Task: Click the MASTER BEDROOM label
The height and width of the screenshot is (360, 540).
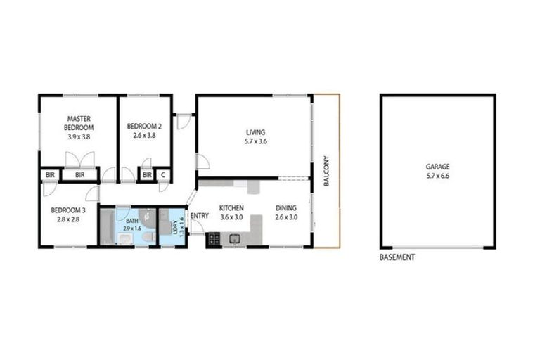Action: click(x=79, y=123)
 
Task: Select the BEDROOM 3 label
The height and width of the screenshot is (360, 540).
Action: click(x=67, y=210)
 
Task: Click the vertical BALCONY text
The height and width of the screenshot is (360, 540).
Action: click(x=326, y=171)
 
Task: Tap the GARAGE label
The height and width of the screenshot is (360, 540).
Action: click(x=437, y=167)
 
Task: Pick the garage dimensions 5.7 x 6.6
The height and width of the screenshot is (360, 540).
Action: click(x=437, y=176)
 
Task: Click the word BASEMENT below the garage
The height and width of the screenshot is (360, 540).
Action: click(x=397, y=257)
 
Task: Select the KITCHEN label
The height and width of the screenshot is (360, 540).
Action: click(x=231, y=208)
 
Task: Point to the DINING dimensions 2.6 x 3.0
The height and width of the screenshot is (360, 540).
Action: click(x=286, y=218)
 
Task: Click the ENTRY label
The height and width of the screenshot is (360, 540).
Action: click(x=199, y=215)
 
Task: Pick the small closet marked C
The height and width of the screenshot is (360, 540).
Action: click(x=163, y=174)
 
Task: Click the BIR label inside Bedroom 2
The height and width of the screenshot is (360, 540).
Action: click(x=147, y=174)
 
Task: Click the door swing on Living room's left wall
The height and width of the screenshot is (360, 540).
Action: click(x=202, y=162)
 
